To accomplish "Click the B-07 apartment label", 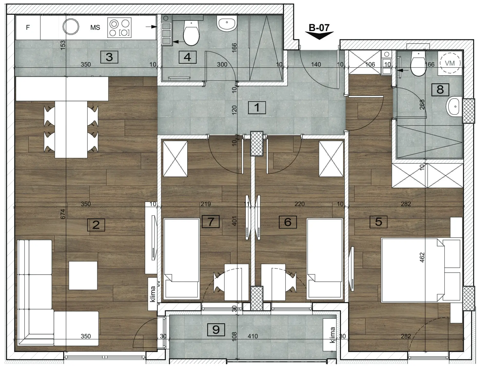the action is coord(319,27).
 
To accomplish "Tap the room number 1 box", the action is coord(257,107).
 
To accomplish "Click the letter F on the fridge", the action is coord(28,27).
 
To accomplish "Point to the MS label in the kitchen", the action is coord(95,27).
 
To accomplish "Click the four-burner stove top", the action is coord(119,28).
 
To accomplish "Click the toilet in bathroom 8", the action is coord(419,63).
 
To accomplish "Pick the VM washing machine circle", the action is coord(450,63).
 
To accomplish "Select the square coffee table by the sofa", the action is coord(83,276).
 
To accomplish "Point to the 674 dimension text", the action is coord(63,214).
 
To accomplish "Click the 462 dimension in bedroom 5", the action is coord(422,258).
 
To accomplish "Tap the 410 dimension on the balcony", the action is coord(253,336).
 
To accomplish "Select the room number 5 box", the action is coord(378,222).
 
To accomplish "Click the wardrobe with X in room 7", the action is coord(175,159).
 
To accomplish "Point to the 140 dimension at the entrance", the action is coord(316,64).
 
